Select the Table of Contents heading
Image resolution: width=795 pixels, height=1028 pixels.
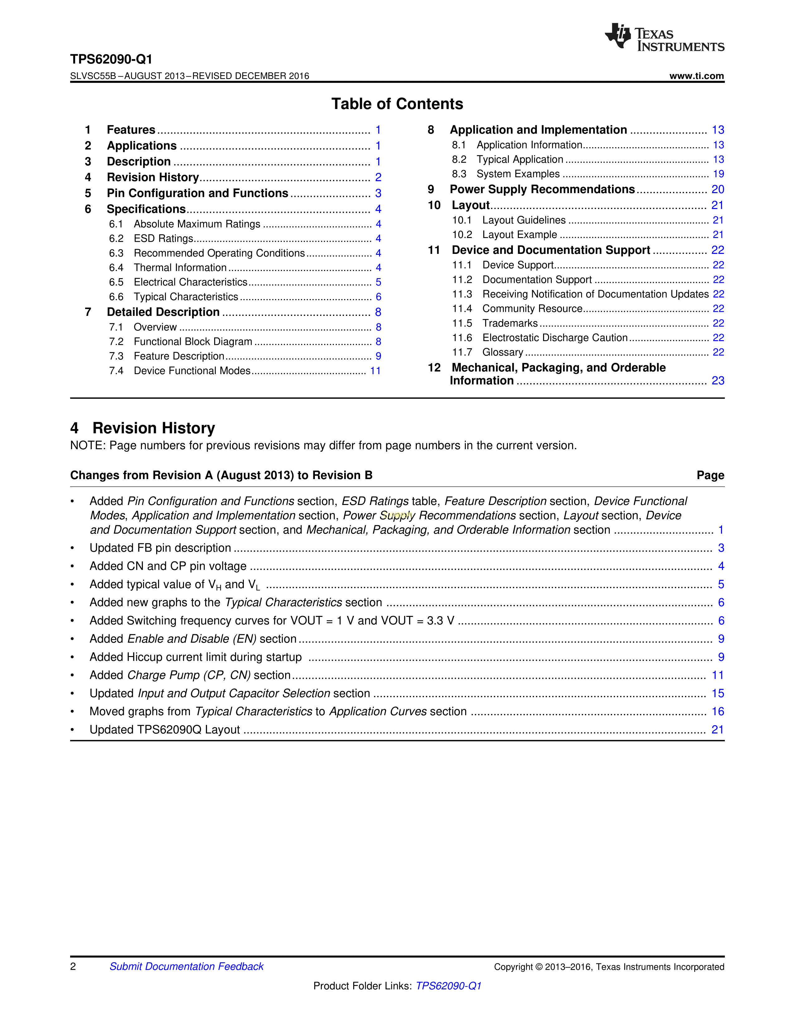click(397, 104)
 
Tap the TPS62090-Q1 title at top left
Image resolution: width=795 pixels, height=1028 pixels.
click(111, 59)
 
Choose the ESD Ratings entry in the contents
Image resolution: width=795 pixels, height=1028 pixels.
click(163, 239)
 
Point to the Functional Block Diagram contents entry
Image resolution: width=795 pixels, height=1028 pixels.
click(193, 342)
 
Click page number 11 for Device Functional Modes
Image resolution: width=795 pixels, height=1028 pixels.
click(375, 371)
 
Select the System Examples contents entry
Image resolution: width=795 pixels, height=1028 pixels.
click(518, 174)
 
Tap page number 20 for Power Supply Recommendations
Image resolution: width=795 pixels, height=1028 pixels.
click(718, 190)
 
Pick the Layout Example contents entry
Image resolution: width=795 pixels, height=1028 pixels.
click(519, 235)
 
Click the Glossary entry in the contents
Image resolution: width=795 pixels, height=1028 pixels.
click(503, 353)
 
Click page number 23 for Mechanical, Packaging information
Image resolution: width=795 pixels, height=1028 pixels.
click(718, 381)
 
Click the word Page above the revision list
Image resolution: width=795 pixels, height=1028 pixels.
click(710, 475)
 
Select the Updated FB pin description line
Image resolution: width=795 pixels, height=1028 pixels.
click(160, 548)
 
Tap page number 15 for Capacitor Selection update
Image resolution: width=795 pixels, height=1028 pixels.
click(718, 694)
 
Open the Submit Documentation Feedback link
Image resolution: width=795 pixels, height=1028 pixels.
click(186, 966)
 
